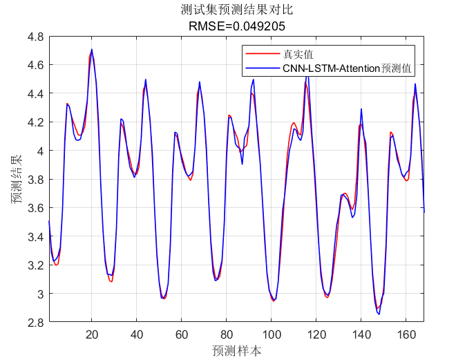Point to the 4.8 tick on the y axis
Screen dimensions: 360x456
(36, 36)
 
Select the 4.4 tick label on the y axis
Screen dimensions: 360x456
(36, 93)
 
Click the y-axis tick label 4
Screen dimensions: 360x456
(40, 151)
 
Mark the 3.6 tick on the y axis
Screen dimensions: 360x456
(36, 208)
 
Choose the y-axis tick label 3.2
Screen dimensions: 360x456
(36, 265)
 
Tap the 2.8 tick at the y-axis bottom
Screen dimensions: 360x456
(36, 322)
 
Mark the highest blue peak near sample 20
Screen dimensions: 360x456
(91, 50)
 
